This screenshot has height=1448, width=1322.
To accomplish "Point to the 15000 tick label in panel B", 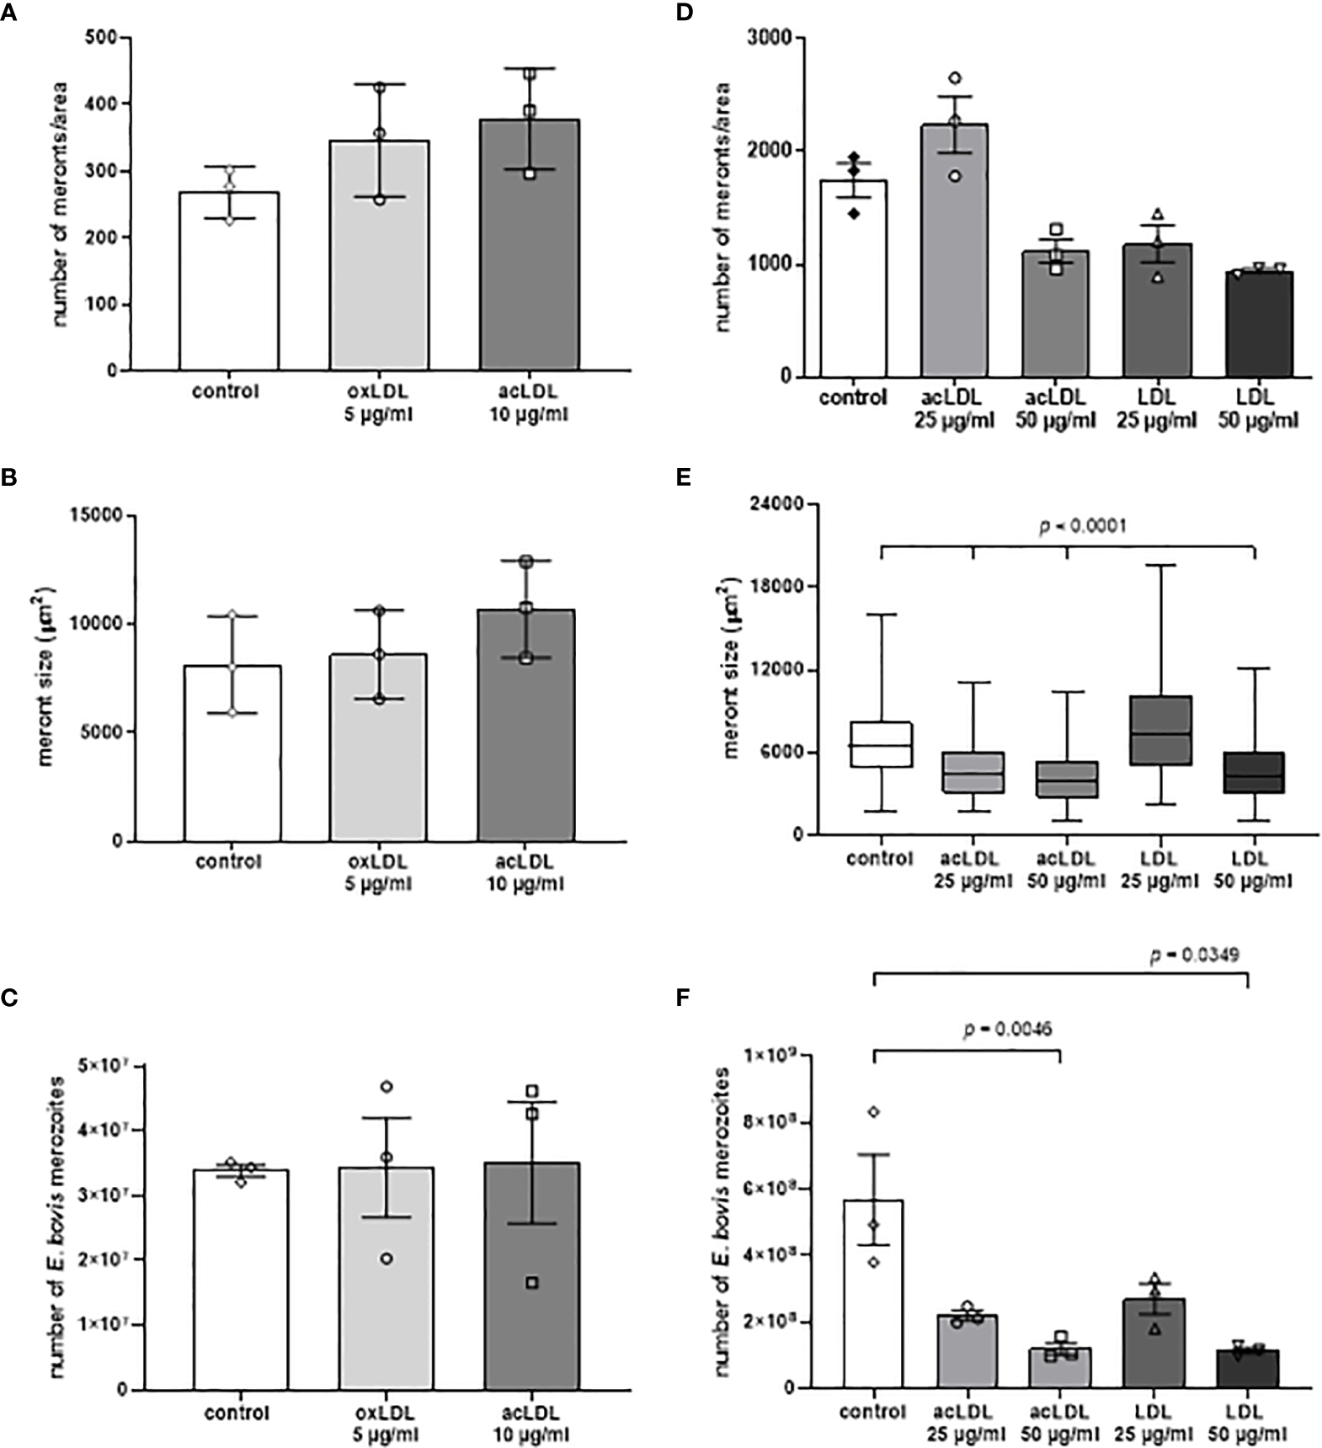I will tap(93, 515).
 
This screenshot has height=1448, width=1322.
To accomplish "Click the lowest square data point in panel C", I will tap(532, 1283).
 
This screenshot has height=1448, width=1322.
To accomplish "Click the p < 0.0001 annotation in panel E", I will tap(1082, 526).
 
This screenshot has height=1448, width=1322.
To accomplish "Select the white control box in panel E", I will tap(881, 744).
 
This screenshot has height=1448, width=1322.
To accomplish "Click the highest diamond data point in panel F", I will tap(874, 1112).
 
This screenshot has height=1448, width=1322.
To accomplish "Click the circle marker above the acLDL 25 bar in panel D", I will tap(954, 78).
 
